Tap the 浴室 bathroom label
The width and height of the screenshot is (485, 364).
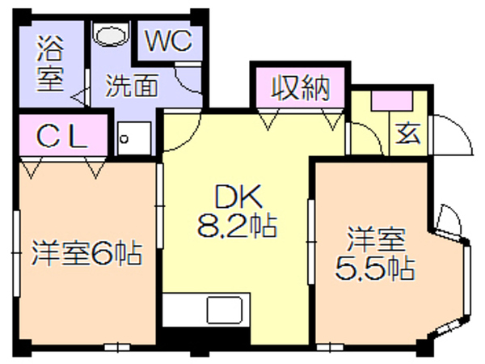[50, 64]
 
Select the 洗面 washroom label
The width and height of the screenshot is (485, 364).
[132, 85]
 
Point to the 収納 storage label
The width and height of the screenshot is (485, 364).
[300, 88]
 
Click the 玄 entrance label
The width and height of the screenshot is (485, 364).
[408, 133]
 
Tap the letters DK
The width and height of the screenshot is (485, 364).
[238, 197]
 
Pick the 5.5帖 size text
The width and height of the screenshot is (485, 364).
[374, 268]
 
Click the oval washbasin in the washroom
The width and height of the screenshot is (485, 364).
[112, 34]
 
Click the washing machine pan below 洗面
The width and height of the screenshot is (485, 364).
[134, 138]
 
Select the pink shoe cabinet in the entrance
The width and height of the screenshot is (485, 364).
[392, 100]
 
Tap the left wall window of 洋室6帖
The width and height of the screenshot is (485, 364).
[16, 254]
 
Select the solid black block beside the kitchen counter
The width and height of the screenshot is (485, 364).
[205, 336]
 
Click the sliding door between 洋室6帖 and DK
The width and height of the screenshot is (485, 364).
[159, 205]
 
